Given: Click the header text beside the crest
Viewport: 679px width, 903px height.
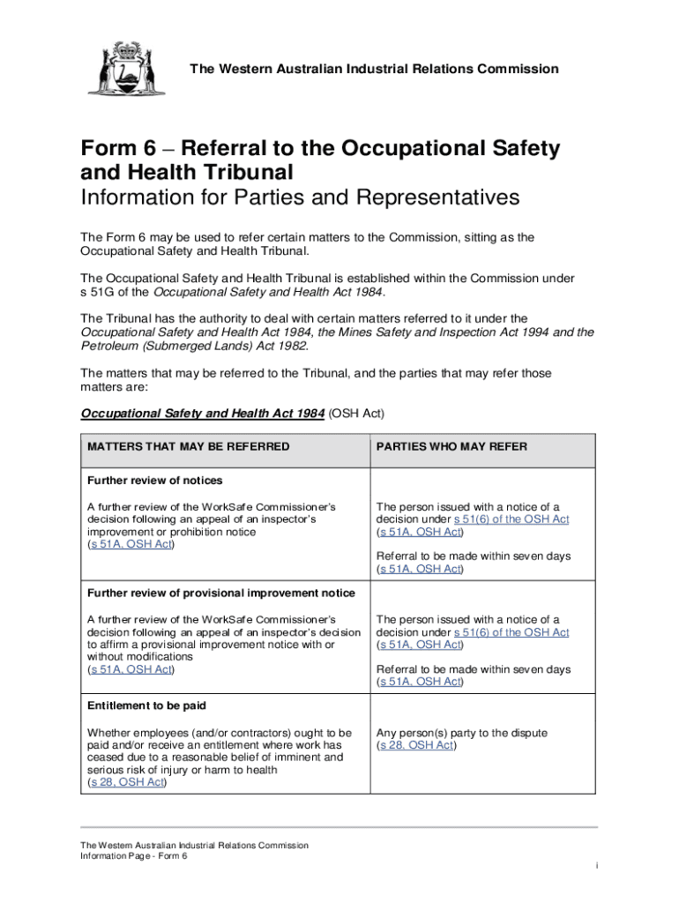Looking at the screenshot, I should [376, 69].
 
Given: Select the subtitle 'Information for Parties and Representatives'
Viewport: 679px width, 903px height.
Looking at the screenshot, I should [300, 198].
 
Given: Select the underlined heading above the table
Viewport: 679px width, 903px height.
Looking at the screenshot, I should [202, 414].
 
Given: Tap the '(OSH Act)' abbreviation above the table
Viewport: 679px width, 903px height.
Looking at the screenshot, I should [357, 414].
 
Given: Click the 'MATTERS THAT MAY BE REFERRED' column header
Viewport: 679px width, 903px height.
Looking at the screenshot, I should [188, 447].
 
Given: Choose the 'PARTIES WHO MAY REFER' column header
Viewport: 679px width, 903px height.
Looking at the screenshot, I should [451, 447].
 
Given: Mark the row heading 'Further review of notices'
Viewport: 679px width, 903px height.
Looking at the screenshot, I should [154, 481].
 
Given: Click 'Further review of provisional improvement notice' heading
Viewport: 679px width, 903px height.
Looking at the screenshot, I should [220, 593].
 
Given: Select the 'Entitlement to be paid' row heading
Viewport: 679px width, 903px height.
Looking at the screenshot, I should [146, 706].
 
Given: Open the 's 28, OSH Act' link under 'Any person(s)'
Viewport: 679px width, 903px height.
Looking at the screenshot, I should [415, 745].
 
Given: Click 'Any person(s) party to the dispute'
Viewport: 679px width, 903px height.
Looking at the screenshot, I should [461, 733].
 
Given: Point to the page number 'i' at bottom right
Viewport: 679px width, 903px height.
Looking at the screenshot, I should [596, 866].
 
